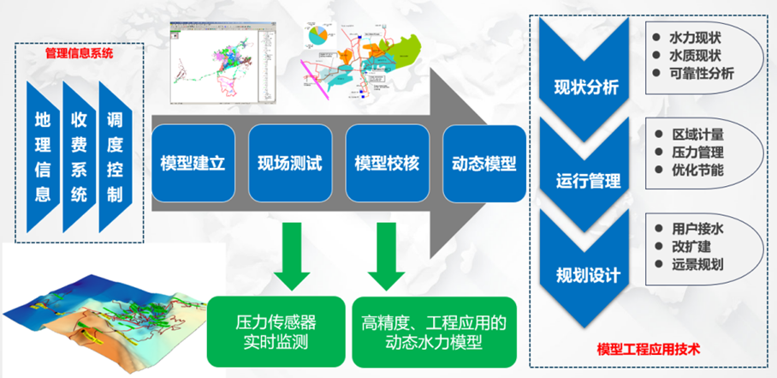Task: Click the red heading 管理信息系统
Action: click(x=79, y=53)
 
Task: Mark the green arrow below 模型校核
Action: click(x=387, y=254)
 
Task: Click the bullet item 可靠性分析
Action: click(x=702, y=74)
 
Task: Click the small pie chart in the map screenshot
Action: click(x=318, y=36)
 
